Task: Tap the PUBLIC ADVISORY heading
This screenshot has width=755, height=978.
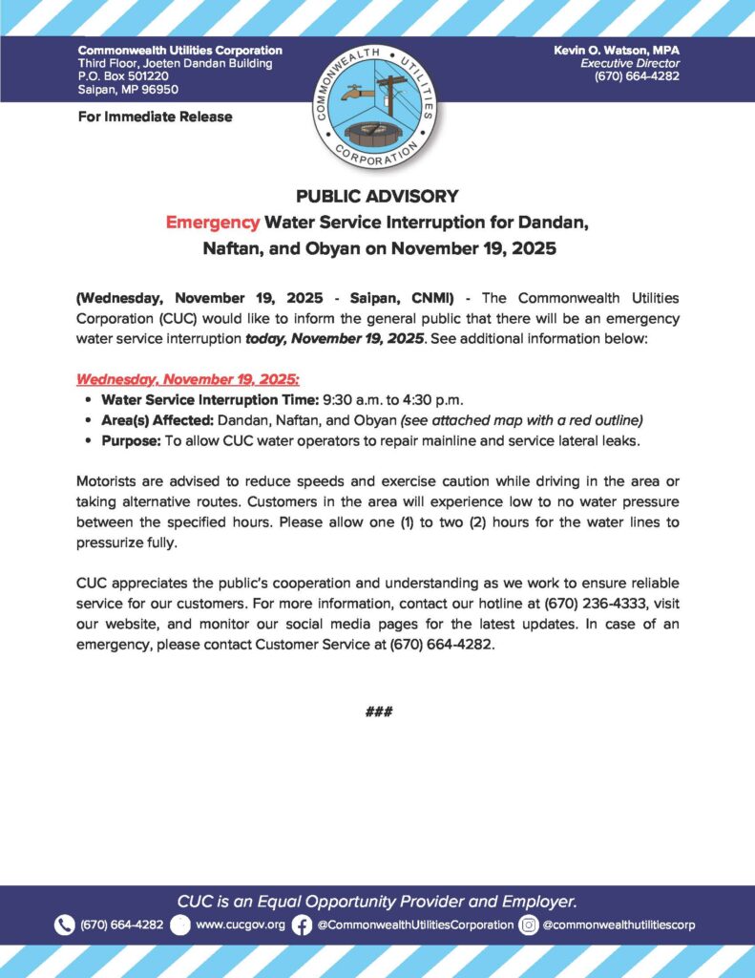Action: [x=377, y=196]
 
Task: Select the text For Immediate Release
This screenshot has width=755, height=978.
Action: [x=155, y=117]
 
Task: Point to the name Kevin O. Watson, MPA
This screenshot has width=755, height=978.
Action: [x=617, y=50]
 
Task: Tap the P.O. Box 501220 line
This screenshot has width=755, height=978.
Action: [x=123, y=76]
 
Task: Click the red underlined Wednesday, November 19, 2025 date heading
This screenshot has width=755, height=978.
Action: [x=188, y=378]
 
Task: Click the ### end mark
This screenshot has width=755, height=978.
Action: [x=378, y=712]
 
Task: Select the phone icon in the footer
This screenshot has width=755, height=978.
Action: [x=64, y=925]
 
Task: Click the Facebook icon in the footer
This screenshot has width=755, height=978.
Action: [x=302, y=925]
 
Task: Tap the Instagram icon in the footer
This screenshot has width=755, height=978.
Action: [x=529, y=925]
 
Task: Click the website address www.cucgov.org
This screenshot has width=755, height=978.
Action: [x=240, y=925]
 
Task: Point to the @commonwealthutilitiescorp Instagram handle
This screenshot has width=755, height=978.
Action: [x=619, y=925]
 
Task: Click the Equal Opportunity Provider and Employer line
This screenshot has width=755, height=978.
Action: [x=377, y=901]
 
